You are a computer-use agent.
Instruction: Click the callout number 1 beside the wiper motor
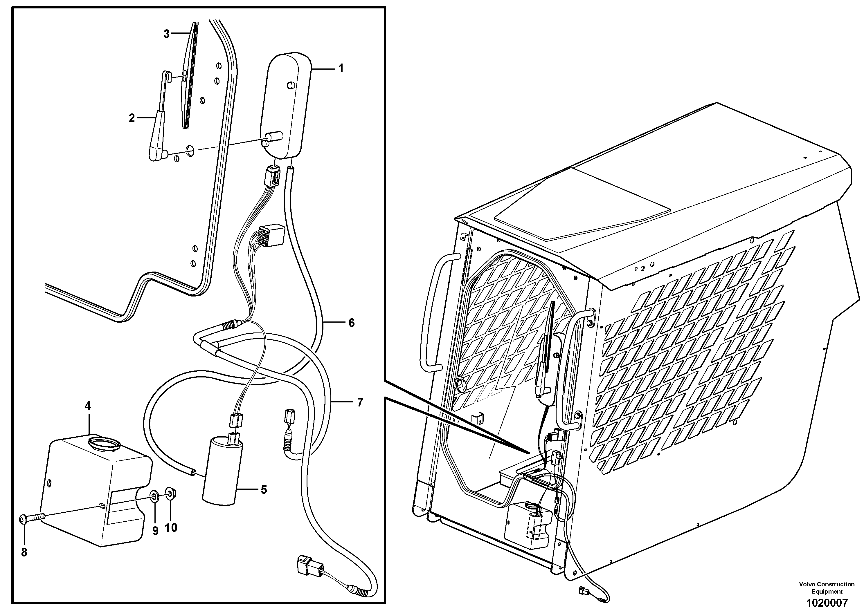341,69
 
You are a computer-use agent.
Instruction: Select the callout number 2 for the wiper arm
132,118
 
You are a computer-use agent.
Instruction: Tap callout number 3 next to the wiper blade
166,34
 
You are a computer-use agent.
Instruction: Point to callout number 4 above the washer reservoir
88,406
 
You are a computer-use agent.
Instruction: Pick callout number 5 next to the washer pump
264,490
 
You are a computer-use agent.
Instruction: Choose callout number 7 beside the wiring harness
360,403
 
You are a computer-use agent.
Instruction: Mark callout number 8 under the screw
24,552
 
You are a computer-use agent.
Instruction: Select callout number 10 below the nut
171,528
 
